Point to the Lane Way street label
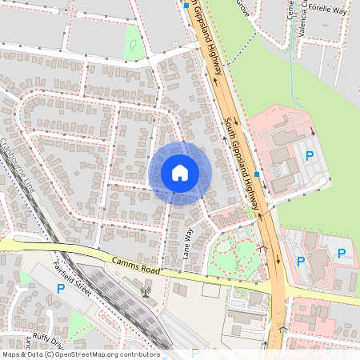189,243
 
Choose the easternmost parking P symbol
342,254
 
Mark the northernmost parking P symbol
310,155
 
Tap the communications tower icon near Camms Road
145,287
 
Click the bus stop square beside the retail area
256,174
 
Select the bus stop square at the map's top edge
186,6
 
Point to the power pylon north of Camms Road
264,249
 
